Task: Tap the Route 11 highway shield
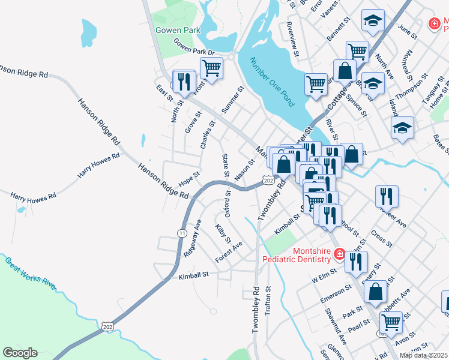(181, 232)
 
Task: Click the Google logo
(20, 353)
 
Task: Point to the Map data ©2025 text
(424, 355)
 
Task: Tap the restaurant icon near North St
(184, 80)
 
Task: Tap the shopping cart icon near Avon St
(391, 322)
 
